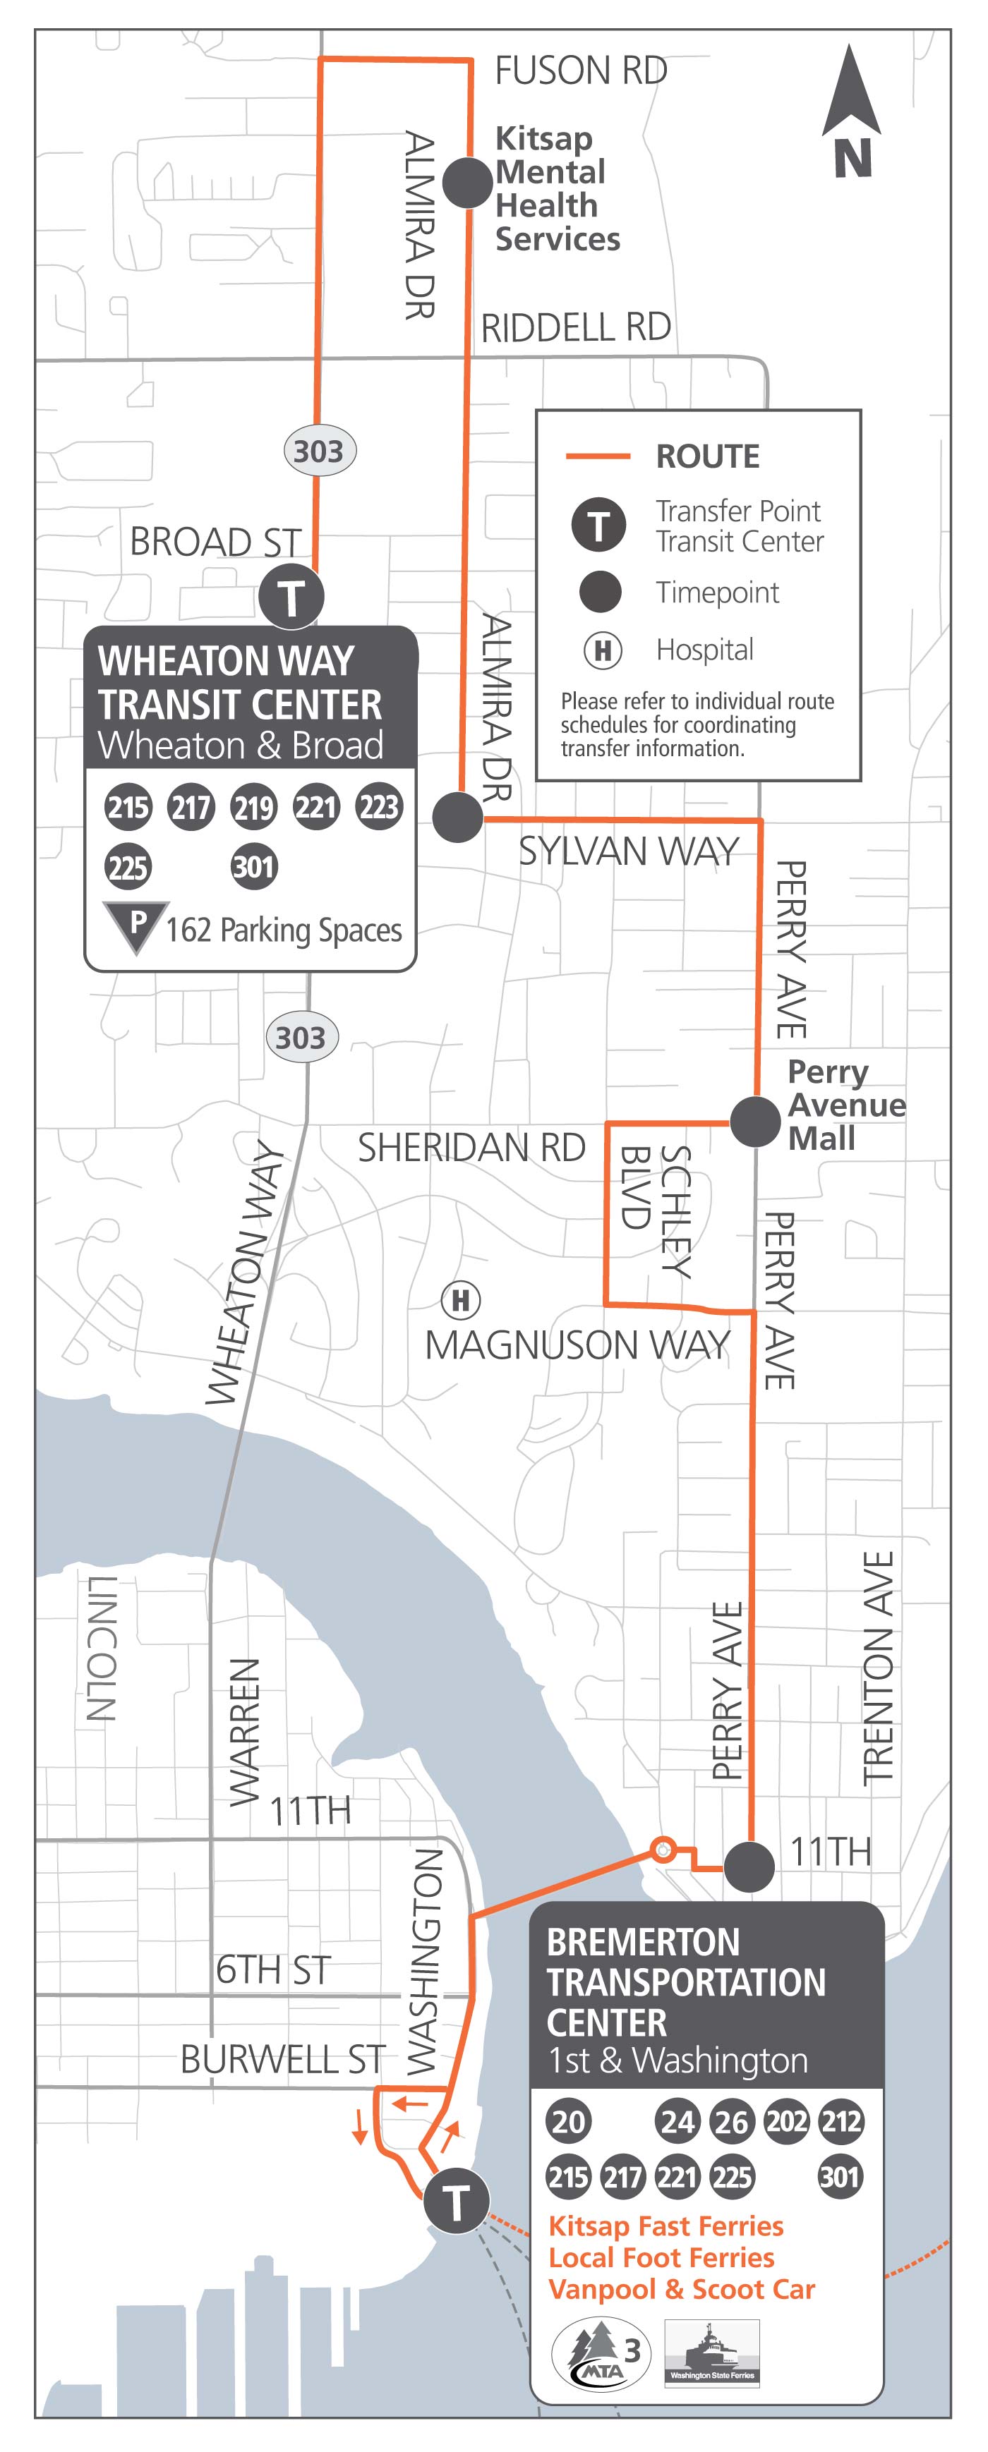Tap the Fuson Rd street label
pos(581,71)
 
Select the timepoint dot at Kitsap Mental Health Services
pos(467,182)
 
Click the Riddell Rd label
pos(576,327)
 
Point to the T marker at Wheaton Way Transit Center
pos(291,597)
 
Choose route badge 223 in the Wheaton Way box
pos(379,807)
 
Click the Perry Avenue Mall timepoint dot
pos(756,1122)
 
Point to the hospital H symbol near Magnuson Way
pos(461,1299)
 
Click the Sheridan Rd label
pos(471,1147)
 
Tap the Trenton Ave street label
pos(878,1665)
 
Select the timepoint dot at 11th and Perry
pos(749,1867)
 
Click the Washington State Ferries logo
pos(712,2351)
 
